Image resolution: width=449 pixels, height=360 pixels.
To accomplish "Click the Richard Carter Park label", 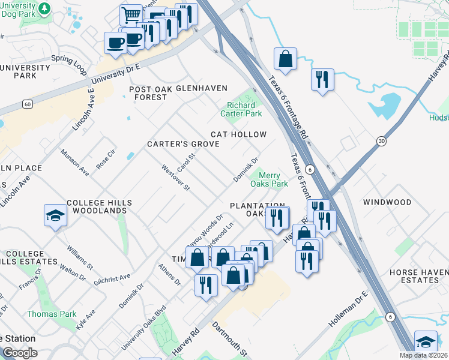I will point(244,109).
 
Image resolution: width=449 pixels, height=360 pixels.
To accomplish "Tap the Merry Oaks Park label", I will point(273,179).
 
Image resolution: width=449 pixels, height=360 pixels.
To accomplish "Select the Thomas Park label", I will point(51,314).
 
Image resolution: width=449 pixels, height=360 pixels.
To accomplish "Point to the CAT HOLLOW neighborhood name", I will point(238,134).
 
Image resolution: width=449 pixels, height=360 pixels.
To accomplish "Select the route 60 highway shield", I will point(28,104).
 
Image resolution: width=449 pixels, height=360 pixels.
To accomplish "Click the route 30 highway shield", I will point(381,140).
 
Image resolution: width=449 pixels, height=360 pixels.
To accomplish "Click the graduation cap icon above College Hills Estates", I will point(55,215).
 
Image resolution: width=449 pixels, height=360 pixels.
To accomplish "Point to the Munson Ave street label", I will point(74,163).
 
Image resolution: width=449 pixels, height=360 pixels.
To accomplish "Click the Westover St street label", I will point(175,178).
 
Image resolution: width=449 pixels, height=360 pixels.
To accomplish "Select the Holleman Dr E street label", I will point(348,312).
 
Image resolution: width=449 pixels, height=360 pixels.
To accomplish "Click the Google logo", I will point(20,352).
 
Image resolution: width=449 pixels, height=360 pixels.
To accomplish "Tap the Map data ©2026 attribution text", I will point(423,355).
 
